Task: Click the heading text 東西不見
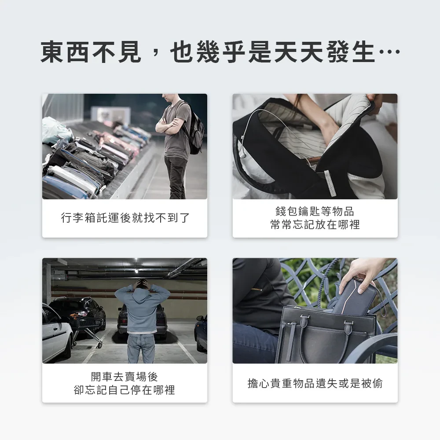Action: (x=91, y=52)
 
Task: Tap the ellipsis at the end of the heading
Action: (x=389, y=51)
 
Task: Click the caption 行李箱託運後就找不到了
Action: (x=125, y=218)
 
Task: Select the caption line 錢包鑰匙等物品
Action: (x=315, y=211)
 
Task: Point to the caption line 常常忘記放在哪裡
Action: (x=315, y=224)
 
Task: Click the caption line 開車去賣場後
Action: (x=125, y=377)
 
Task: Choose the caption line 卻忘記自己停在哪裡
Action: (x=125, y=390)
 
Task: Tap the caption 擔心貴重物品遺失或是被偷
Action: (x=315, y=383)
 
